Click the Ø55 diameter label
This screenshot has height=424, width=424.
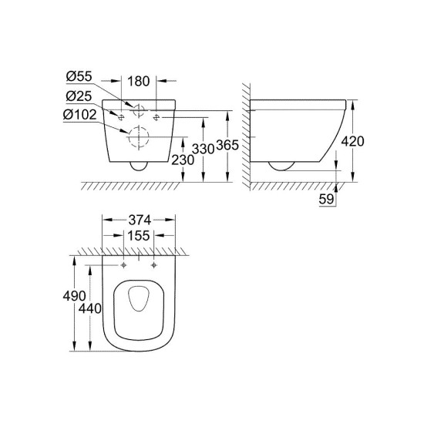point(79,79)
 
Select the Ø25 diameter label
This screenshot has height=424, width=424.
point(79,97)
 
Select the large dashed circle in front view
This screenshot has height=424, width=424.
point(140,136)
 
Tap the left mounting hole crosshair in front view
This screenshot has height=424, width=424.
point(122,116)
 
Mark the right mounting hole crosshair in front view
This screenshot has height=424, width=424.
point(157,116)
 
